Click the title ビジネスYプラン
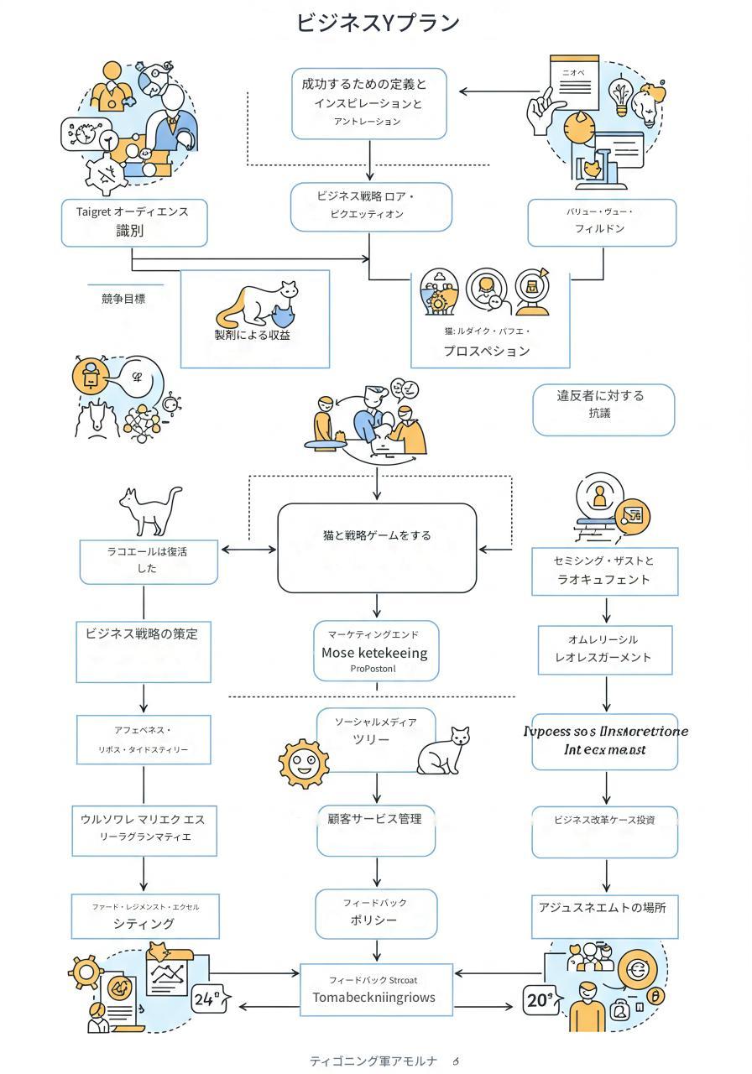378,23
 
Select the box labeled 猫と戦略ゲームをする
377,547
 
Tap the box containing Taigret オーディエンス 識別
134,222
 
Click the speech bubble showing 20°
540,1000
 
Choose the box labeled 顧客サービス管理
375,829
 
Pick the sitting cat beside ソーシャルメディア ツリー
445,751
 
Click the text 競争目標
123,298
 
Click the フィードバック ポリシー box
375,913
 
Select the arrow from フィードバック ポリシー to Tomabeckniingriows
376,951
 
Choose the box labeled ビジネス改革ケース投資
604,832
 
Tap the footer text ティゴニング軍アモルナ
373,1061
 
